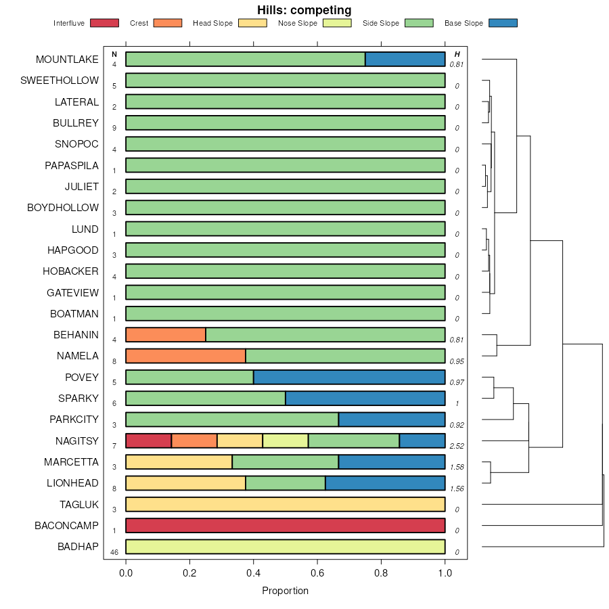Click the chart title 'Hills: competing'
click(304, 10)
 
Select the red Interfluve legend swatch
click(104, 23)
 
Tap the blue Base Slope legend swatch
click(502, 23)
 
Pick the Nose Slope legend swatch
click(336, 23)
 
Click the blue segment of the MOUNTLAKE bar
click(405, 60)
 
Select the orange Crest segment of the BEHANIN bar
click(166, 335)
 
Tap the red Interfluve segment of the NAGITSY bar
click(148, 441)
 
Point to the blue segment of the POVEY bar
click(349, 378)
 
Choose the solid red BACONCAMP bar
click(285, 526)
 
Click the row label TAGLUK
click(78, 505)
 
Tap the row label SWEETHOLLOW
click(60, 81)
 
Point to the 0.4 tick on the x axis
click(254, 573)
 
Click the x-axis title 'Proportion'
click(285, 591)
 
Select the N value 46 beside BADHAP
click(114, 553)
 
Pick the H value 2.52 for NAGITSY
click(457, 447)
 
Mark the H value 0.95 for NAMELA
click(457, 361)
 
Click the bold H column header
click(457, 54)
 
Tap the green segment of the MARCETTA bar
click(285, 462)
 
